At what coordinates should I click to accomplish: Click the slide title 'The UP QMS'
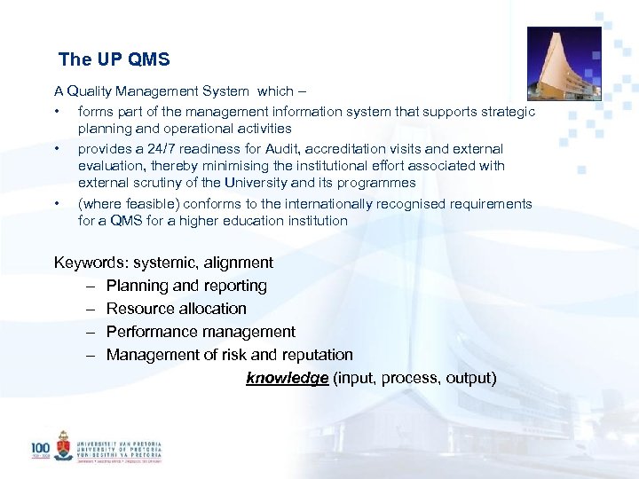tap(114, 60)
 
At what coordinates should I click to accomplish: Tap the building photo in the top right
tap(564, 63)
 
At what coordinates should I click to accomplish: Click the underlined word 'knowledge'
tap(288, 378)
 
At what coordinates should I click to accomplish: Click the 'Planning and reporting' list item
tap(186, 286)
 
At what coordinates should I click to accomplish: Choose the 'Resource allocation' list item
tap(176, 309)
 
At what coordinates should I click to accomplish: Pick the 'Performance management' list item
tap(201, 332)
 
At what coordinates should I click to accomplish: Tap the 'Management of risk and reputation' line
tap(229, 355)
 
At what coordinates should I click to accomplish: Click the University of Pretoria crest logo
tap(63, 445)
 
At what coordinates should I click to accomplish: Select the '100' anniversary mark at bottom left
tap(40, 449)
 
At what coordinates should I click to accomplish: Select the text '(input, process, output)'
tap(414, 378)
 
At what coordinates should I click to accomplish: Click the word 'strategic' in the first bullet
tap(509, 112)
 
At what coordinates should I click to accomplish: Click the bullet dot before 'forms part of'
tap(57, 112)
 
